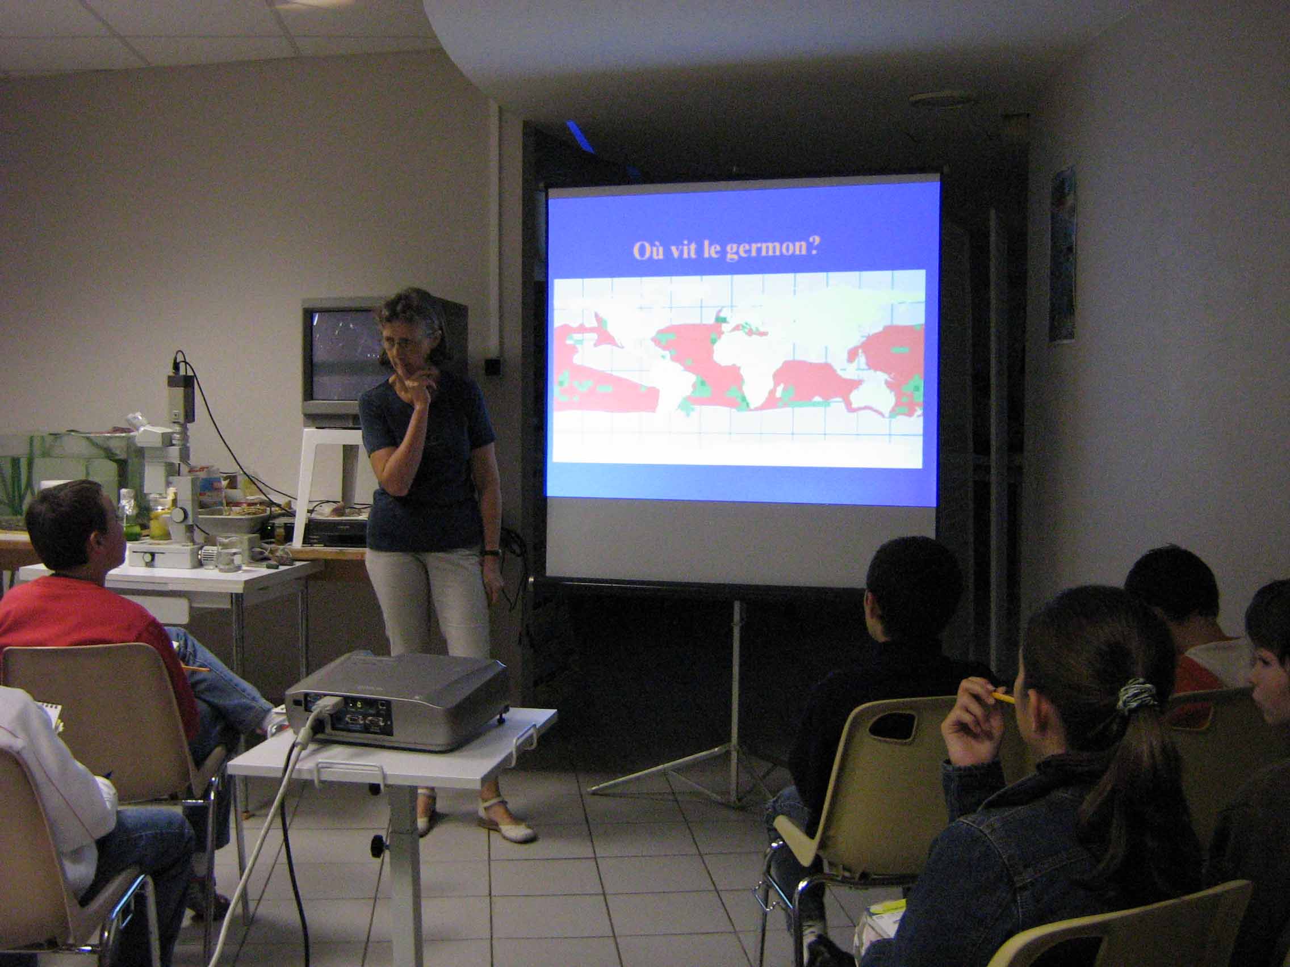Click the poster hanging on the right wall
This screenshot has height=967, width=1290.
pos(1063,254)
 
